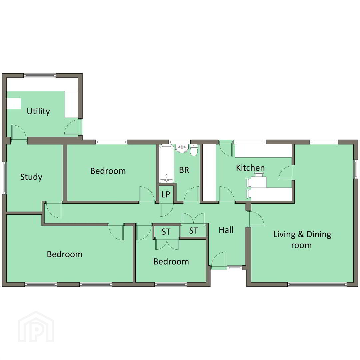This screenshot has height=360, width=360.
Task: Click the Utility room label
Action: pos(38,112)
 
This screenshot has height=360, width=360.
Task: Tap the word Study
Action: pos(31,177)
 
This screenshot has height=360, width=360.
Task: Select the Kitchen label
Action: pos(250,168)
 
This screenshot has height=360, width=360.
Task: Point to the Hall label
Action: pos(226,230)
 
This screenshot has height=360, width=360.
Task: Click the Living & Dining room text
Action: pos(302,240)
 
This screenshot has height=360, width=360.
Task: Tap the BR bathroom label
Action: pos(184,170)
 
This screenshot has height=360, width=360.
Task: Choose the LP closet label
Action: pos(166,194)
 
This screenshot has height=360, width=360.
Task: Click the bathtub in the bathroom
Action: pos(166,164)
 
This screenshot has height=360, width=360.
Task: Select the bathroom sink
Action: pos(182,148)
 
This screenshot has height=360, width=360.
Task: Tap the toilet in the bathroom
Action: pos(194,150)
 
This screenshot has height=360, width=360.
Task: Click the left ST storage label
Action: pos(166,232)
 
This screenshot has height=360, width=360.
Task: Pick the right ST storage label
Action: pos(193,231)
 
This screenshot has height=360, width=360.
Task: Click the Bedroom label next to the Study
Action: pos(108,171)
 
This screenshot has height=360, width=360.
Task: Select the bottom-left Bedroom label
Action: pos(65,254)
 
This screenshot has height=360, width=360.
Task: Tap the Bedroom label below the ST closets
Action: pos(171,262)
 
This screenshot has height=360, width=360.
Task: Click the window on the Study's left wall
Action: pos(4,177)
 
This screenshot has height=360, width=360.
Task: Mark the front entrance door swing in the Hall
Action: pos(218,260)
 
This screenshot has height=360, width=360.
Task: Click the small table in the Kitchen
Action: pos(259,182)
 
